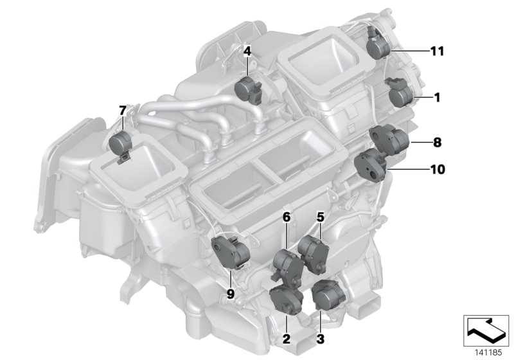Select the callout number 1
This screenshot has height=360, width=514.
pyautogui.click(x=438, y=98)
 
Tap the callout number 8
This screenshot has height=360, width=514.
pyautogui.click(x=438, y=141)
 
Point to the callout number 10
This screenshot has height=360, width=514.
pyautogui.click(x=438, y=170)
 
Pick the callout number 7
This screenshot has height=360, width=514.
pyautogui.click(x=123, y=111)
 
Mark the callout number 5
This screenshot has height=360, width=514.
pyautogui.click(x=319, y=217)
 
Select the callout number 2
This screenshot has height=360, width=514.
pyautogui.click(x=287, y=337)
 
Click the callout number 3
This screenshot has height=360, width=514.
pyautogui.click(x=319, y=337)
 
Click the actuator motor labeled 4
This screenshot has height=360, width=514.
pyautogui.click(x=248, y=89)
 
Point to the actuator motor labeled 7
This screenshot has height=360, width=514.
pyautogui.click(x=121, y=143)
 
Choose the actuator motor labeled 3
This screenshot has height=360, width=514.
pyautogui.click(x=328, y=294)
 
